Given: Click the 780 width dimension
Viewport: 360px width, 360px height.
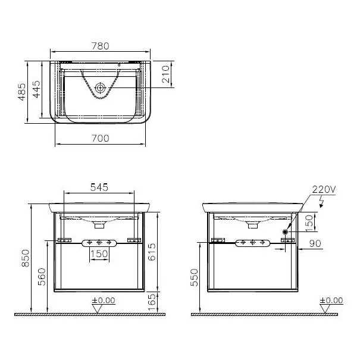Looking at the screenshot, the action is [x=101, y=46].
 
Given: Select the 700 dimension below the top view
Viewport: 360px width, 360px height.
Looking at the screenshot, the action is [x=101, y=138].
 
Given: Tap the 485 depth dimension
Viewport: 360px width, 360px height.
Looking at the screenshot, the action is [x=22, y=92].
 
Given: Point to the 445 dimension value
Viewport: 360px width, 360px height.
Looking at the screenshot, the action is [x=36, y=89].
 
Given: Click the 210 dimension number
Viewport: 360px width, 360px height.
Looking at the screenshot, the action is [x=166, y=74].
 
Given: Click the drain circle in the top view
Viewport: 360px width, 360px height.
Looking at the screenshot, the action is [x=100, y=88].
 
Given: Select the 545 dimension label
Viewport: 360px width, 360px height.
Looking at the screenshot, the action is [x=99, y=187].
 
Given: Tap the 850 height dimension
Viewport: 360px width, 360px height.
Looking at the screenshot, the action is [x=26, y=258].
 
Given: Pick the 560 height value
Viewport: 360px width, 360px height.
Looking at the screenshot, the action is [x=42, y=277].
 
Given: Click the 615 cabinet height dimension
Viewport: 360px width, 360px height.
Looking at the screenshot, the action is [x=152, y=252].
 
